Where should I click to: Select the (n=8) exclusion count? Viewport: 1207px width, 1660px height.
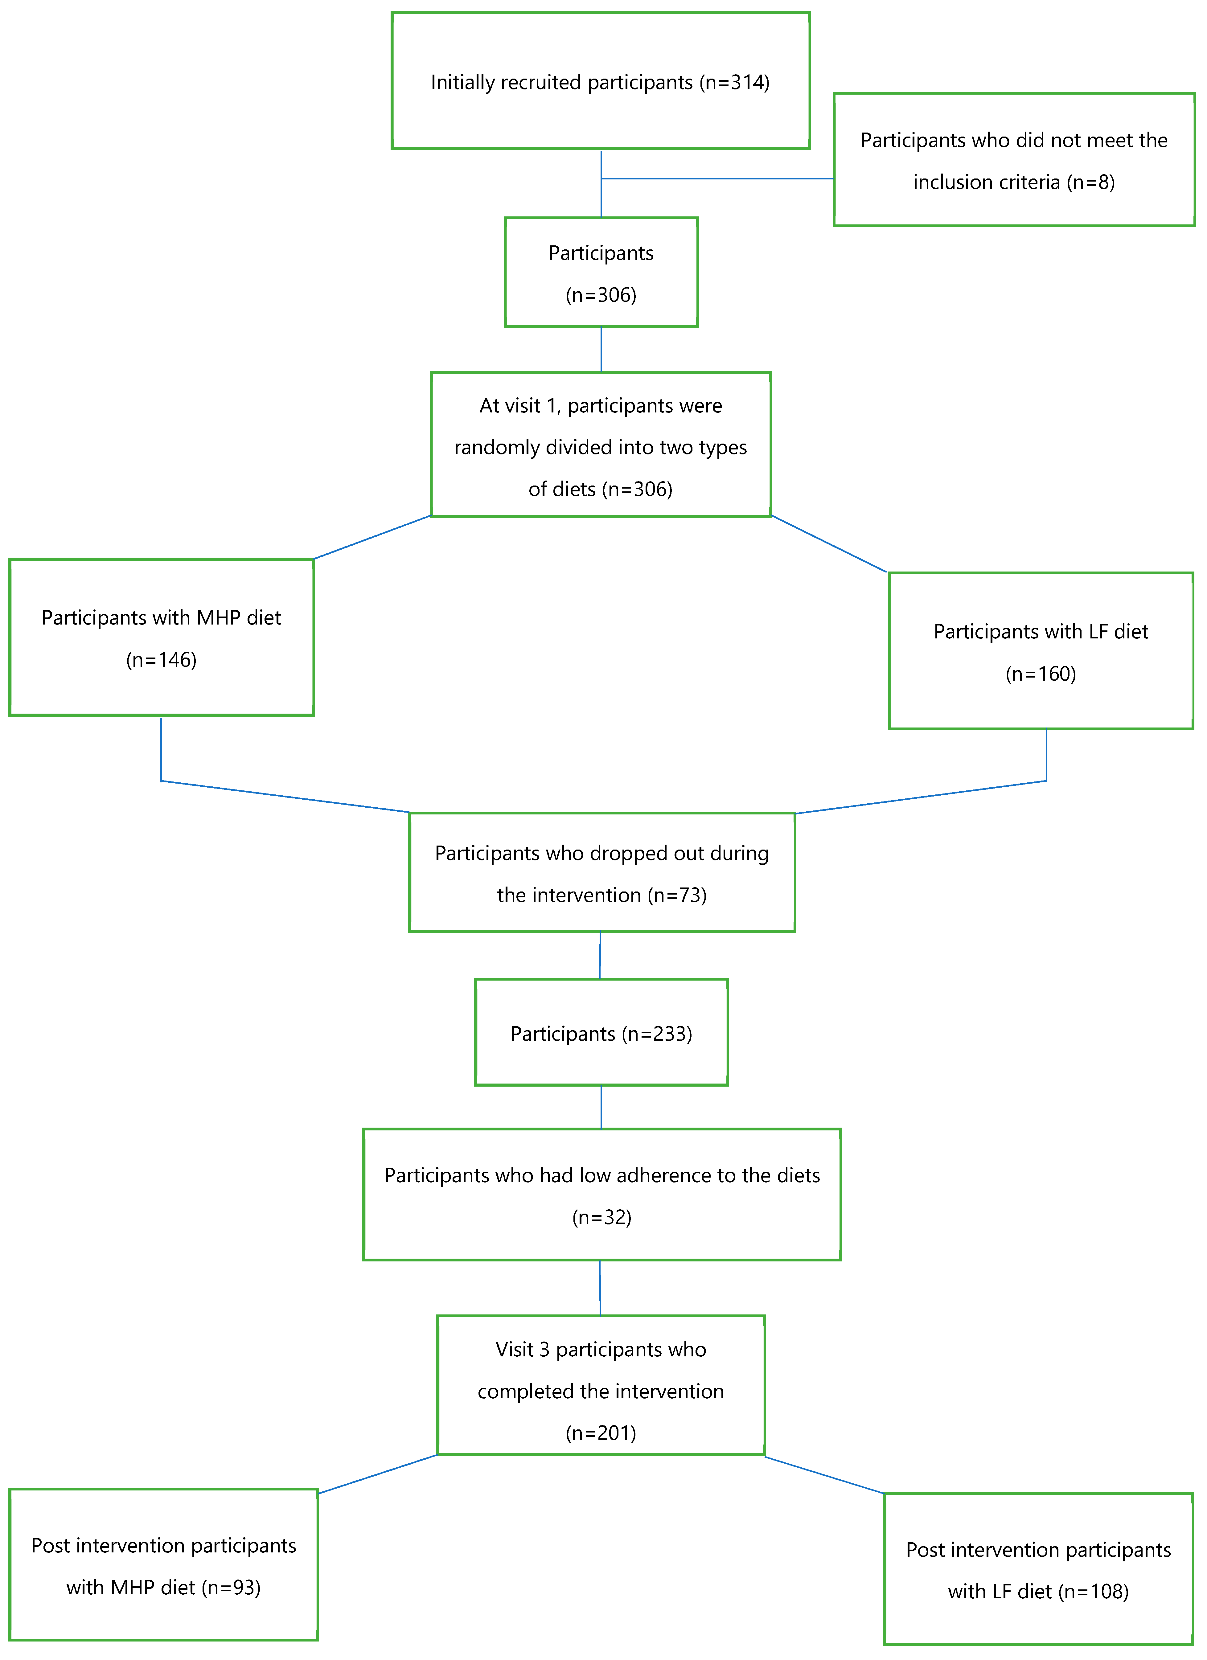[x=1090, y=182]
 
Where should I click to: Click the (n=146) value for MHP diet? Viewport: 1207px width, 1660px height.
[x=161, y=660]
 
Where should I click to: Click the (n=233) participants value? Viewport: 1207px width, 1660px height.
[x=657, y=1034]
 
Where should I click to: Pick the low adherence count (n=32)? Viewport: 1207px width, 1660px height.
[x=602, y=1217]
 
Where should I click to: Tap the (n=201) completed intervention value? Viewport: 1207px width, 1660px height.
[x=601, y=1433]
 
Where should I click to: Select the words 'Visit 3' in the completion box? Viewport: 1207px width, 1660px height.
[x=522, y=1350]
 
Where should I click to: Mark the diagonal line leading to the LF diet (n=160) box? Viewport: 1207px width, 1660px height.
[x=829, y=544]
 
